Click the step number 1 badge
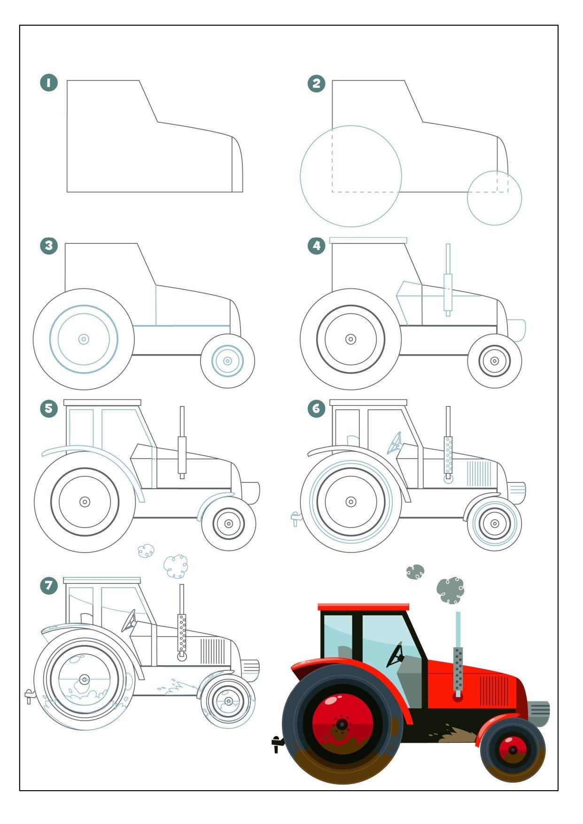click(x=49, y=83)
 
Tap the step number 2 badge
click(x=316, y=83)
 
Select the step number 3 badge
click(x=49, y=245)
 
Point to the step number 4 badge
click(x=316, y=245)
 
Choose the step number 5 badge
click(x=49, y=408)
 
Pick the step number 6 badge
click(x=316, y=408)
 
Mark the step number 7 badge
click(x=49, y=585)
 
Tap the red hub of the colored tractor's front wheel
click(x=513, y=750)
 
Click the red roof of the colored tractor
click(x=363, y=607)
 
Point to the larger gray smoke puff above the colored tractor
click(x=451, y=591)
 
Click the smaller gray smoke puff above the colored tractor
click(x=415, y=572)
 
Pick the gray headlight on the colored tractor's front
click(x=539, y=714)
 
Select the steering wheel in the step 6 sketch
click(x=395, y=443)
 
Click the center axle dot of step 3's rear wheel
click(x=84, y=339)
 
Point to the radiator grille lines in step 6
click(x=479, y=474)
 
